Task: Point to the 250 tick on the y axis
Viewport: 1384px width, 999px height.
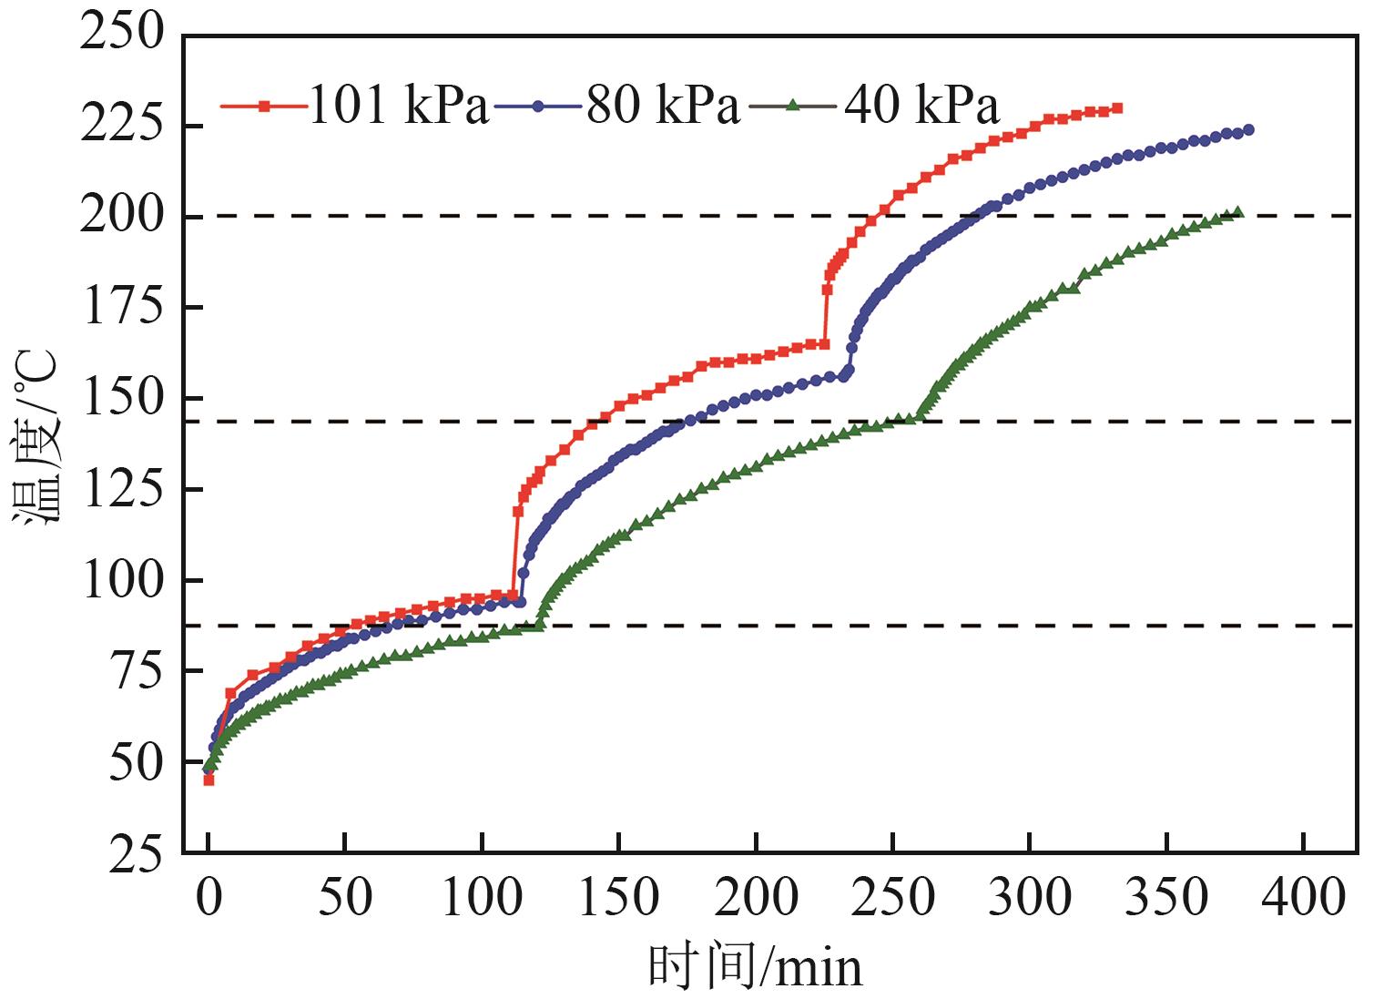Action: click(x=122, y=34)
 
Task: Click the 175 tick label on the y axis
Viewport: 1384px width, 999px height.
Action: click(x=122, y=307)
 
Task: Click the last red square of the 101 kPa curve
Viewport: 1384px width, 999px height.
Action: click(x=1117, y=107)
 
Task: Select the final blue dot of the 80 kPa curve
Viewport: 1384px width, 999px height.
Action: click(x=1248, y=130)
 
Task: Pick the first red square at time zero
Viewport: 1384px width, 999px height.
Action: click(x=209, y=780)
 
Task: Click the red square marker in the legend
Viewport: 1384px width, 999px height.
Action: click(x=264, y=106)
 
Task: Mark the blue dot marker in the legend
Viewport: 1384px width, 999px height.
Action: click(x=537, y=106)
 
